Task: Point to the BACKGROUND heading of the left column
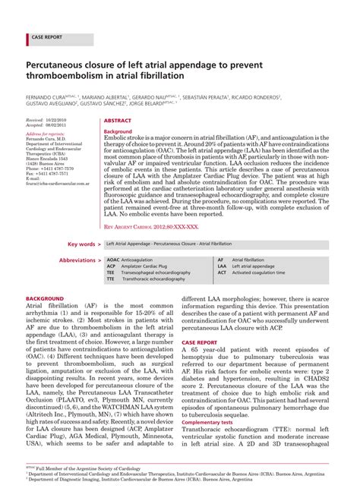pyautogui.click(x=46, y=298)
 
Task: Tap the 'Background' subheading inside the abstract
pyautogui.click(x=118, y=131)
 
